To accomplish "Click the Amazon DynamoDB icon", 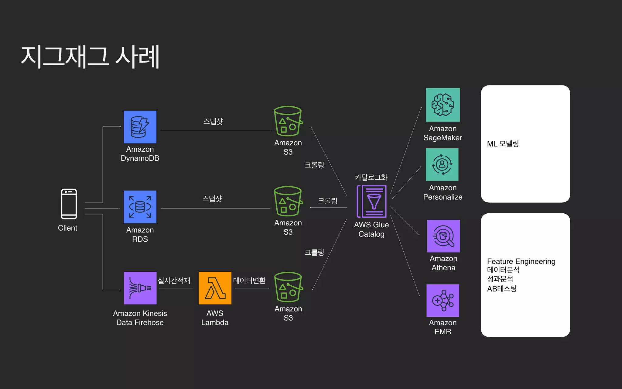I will click(x=140, y=127).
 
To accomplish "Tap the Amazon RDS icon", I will click(x=140, y=207).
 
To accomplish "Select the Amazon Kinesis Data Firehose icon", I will click(x=140, y=288).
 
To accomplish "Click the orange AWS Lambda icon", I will click(x=215, y=288).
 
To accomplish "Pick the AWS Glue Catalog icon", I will click(x=372, y=201).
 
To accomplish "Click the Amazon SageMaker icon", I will click(x=443, y=105).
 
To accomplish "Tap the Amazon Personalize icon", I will click(x=442, y=165).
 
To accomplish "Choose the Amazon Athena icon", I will click(x=443, y=236).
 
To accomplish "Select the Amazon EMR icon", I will click(x=443, y=301).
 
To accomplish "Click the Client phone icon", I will click(x=69, y=204).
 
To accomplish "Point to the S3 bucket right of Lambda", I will click(x=288, y=287).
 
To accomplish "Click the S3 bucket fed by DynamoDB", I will click(x=288, y=121).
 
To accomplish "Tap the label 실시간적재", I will click(x=174, y=280).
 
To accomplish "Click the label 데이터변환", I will click(x=249, y=280).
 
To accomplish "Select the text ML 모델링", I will click(x=503, y=144).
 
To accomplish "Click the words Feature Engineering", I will click(x=521, y=261).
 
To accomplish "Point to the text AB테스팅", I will click(x=502, y=289).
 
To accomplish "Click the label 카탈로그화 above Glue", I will click(x=371, y=177).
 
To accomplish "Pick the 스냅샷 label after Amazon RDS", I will click(x=212, y=199).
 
